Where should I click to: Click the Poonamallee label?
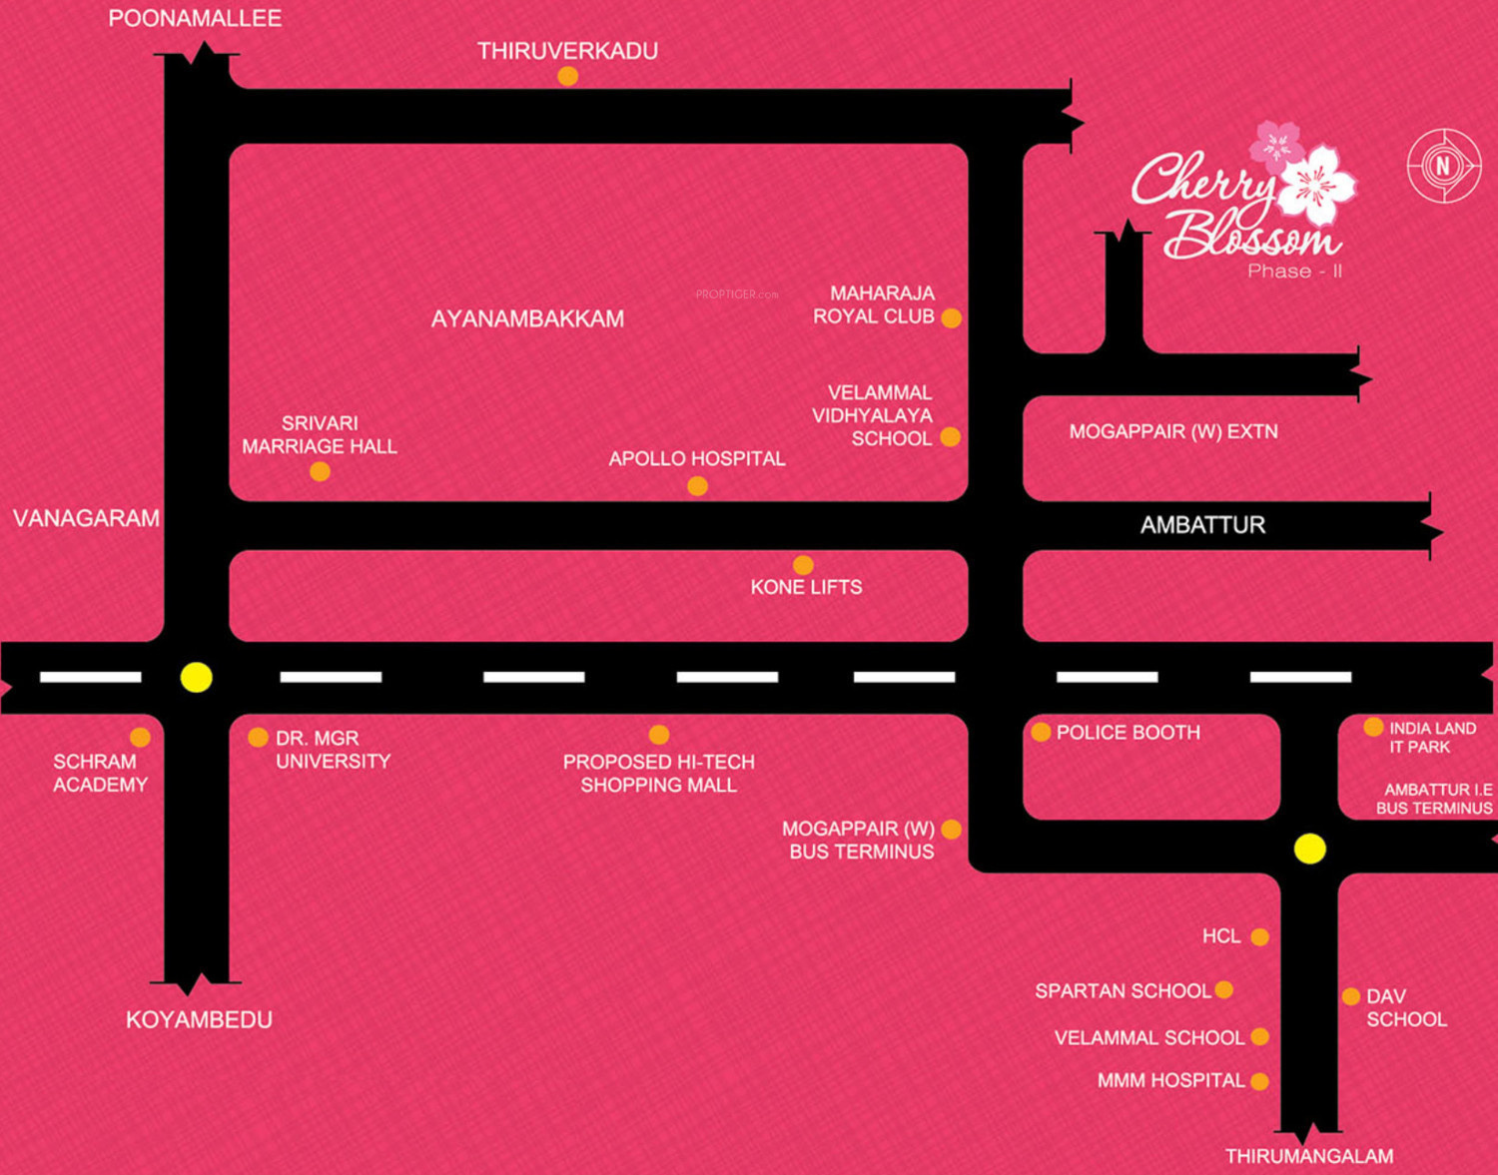[195, 18]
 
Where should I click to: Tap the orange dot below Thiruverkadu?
[567, 76]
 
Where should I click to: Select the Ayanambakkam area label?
[527, 318]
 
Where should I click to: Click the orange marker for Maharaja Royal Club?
[952, 318]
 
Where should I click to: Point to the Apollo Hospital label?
[697, 458]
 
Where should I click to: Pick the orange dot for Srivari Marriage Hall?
[320, 471]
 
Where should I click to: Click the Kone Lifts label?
[806, 587]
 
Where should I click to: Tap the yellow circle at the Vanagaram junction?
[197, 677]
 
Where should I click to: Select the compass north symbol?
[1443, 166]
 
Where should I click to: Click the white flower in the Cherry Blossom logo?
[1317, 184]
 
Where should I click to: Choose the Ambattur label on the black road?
[1202, 525]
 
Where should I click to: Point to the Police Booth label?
[1127, 733]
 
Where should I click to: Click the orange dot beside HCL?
[1260, 936]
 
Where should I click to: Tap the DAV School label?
[1406, 1008]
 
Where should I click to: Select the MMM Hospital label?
[1170, 1080]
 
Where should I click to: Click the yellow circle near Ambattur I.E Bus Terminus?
[1310, 849]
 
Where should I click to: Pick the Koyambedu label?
[199, 1019]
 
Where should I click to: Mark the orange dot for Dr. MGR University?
[258, 738]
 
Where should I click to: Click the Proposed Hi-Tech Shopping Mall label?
[659, 774]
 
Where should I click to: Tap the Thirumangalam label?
[1309, 1156]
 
